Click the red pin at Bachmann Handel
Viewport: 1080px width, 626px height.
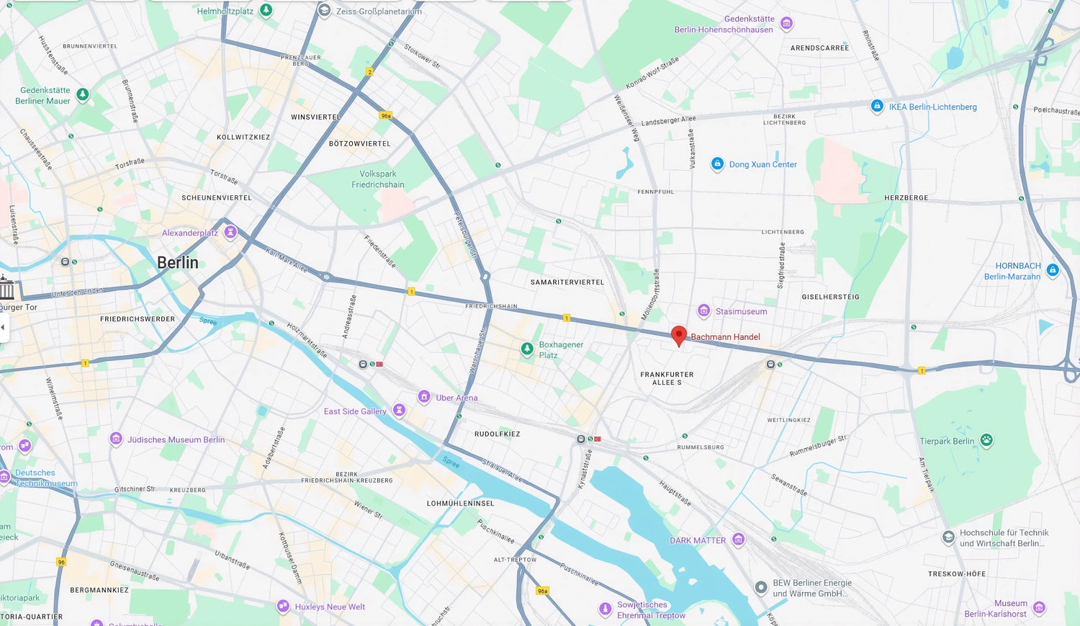pyautogui.click(x=678, y=335)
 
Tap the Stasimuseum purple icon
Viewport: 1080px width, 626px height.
pyautogui.click(x=704, y=310)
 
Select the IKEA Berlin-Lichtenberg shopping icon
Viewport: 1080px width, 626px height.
pyautogui.click(x=877, y=106)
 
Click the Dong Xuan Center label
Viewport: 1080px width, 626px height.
pyautogui.click(x=762, y=164)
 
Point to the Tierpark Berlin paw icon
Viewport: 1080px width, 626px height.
pyautogui.click(x=986, y=440)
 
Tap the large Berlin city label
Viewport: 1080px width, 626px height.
pyautogui.click(x=178, y=263)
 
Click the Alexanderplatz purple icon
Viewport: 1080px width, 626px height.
pyautogui.click(x=230, y=232)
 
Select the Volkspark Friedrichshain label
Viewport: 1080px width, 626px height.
pyautogui.click(x=377, y=179)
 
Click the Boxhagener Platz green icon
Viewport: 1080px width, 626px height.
pyautogui.click(x=527, y=349)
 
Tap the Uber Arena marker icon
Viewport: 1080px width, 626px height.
pyautogui.click(x=424, y=396)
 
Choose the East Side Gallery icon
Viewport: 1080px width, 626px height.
pyautogui.click(x=399, y=410)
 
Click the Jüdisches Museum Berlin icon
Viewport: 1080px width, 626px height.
pyautogui.click(x=116, y=439)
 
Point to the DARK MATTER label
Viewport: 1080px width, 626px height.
pyautogui.click(x=698, y=540)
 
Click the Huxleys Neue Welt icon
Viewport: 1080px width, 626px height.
pyautogui.click(x=283, y=606)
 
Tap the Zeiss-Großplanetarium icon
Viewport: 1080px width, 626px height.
pyautogui.click(x=324, y=11)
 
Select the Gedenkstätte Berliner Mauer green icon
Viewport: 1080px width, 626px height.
pyautogui.click(x=83, y=94)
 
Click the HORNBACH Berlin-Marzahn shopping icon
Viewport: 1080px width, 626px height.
pyautogui.click(x=1053, y=270)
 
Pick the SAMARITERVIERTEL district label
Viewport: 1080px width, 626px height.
pyautogui.click(x=567, y=282)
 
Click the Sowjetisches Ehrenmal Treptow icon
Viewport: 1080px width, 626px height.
pyautogui.click(x=606, y=609)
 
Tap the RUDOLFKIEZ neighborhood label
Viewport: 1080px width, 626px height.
pyautogui.click(x=497, y=434)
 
